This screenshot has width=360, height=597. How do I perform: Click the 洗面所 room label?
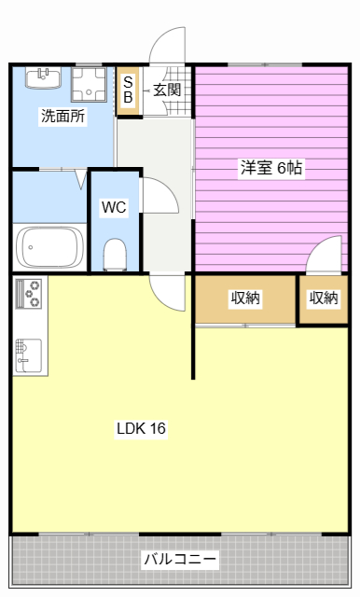(63, 116)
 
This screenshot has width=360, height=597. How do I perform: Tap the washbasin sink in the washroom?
(43, 77)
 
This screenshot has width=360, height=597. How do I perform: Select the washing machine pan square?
(89, 84)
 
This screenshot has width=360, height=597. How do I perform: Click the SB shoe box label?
(129, 90)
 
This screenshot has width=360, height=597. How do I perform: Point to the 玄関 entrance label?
(167, 90)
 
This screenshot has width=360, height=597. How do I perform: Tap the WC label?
(114, 207)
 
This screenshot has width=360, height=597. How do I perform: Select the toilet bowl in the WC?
(115, 255)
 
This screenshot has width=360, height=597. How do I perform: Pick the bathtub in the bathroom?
(48, 248)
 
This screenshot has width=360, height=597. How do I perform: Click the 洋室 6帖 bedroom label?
(271, 168)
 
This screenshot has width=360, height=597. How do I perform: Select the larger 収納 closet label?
(245, 298)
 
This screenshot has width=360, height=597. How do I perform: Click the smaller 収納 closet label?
(324, 298)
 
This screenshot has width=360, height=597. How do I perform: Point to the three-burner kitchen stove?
(29, 293)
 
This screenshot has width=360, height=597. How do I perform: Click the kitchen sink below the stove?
(29, 355)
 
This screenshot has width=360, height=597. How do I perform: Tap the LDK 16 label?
(141, 428)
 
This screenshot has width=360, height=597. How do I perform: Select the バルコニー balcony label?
(180, 560)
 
